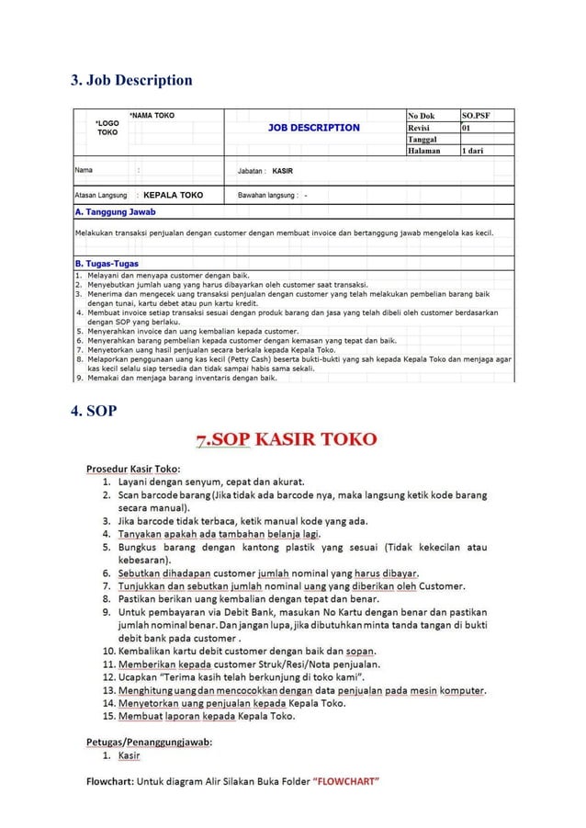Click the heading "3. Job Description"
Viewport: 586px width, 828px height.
pyautogui.click(x=132, y=80)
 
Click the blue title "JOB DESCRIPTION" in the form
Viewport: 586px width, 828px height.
pyautogui.click(x=313, y=128)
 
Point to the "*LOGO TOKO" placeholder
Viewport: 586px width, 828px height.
pyautogui.click(x=107, y=127)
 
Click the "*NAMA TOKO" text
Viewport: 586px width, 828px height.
pyautogui.click(x=152, y=116)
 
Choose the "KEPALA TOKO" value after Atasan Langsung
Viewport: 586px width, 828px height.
pyautogui.click(x=174, y=195)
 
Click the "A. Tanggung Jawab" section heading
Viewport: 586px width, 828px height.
pyautogui.click(x=115, y=212)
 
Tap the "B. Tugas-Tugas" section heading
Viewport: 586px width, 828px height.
pyautogui.click(x=107, y=264)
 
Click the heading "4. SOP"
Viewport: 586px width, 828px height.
pyautogui.click(x=95, y=411)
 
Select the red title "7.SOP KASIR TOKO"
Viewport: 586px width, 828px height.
pyautogui.click(x=286, y=439)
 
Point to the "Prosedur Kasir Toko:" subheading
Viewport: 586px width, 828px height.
pyautogui.click(x=132, y=468)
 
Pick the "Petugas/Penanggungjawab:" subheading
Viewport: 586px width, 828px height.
pyautogui.click(x=150, y=742)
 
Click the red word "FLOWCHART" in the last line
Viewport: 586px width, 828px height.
pyautogui.click(x=345, y=783)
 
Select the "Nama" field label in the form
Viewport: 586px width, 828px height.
pyautogui.click(x=84, y=171)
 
